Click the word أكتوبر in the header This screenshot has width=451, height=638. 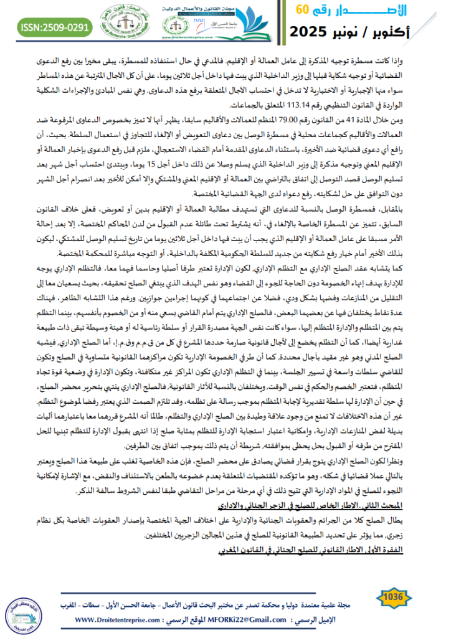click(414, 31)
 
